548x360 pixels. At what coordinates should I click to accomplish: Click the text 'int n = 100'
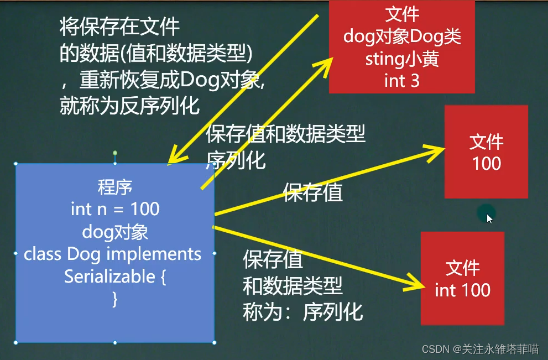(x=115, y=210)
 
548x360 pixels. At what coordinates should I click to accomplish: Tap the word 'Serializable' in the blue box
(x=109, y=276)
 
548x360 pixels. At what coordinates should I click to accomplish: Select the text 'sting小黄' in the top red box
(x=402, y=59)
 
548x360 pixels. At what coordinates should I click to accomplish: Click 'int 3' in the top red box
(x=402, y=81)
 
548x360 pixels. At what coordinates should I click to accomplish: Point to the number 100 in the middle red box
(x=487, y=164)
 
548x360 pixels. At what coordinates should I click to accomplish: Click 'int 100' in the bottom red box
(x=462, y=290)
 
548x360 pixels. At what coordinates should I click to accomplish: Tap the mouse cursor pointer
(x=489, y=219)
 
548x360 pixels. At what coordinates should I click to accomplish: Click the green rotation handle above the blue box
(x=115, y=153)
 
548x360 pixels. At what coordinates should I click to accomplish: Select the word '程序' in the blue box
(x=115, y=187)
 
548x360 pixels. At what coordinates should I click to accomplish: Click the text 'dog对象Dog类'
(x=402, y=36)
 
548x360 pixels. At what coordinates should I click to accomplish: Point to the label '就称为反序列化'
(x=129, y=106)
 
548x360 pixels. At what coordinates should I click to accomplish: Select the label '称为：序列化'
(x=303, y=312)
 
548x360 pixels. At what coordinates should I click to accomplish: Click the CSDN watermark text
(x=481, y=349)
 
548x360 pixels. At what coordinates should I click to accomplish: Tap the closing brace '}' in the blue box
(x=115, y=300)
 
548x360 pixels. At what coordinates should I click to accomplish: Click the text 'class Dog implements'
(x=113, y=254)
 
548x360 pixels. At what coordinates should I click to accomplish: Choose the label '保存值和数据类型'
(x=285, y=134)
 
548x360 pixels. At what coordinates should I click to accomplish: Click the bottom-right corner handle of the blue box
(x=214, y=342)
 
